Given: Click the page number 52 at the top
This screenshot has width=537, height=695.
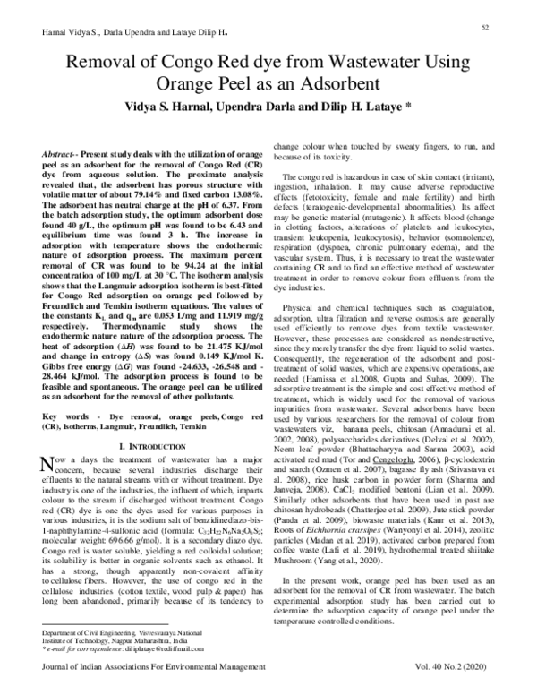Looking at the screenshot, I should click(x=484, y=29).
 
